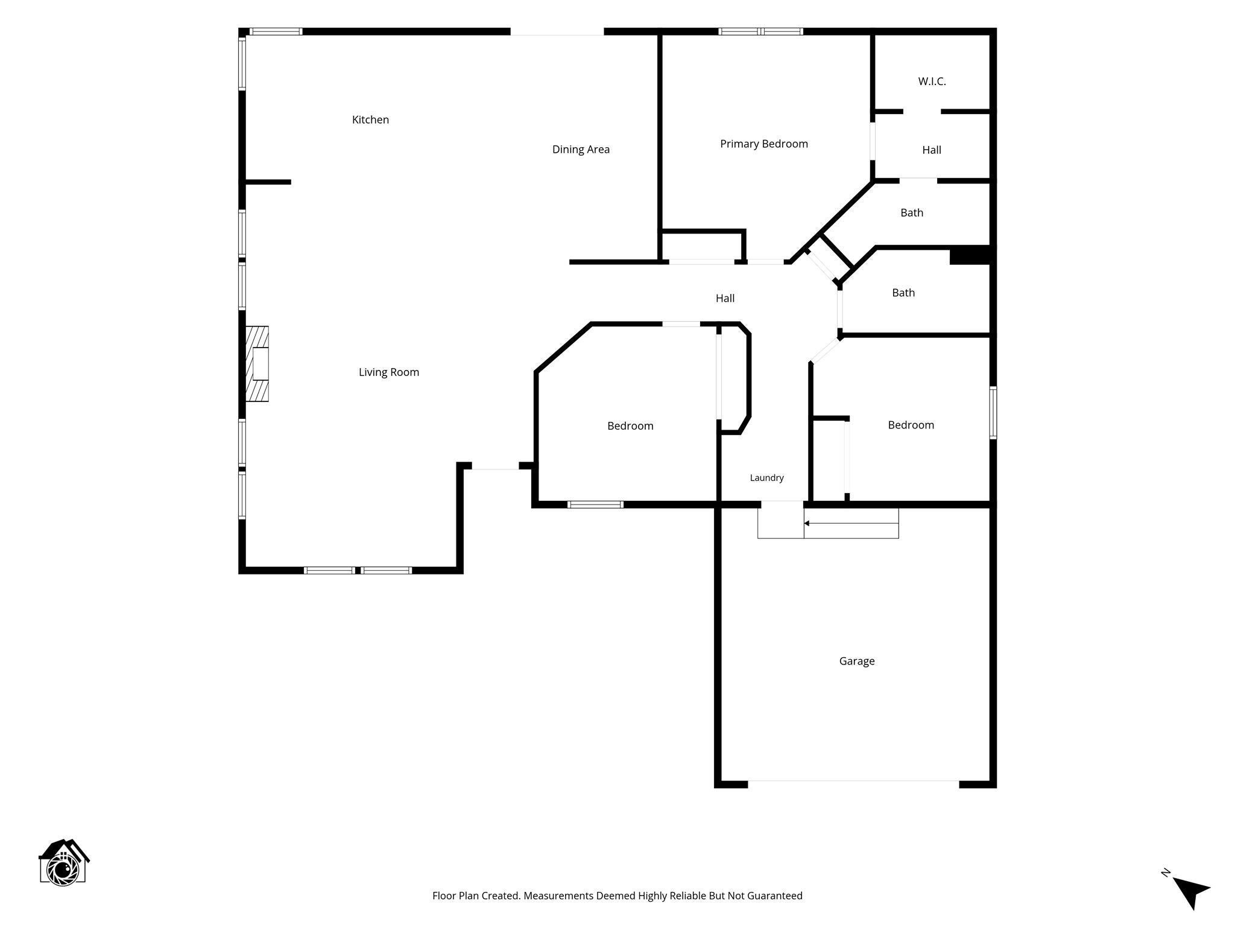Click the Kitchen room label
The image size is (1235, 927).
pos(370,119)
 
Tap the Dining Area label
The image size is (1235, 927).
pos(581,149)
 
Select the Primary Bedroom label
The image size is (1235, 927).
pos(763,144)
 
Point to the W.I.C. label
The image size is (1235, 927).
pos(932,81)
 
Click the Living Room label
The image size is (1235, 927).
pos(388,372)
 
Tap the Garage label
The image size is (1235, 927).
pos(856,661)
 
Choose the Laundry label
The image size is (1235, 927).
pos(766,478)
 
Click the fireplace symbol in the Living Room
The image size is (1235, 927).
pos(257,363)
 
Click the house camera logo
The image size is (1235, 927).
pos(64,862)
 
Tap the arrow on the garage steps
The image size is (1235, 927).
pos(851,523)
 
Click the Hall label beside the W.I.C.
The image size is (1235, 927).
pos(931,150)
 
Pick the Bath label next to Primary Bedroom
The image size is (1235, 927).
pos(911,212)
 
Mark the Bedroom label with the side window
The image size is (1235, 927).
pos(911,425)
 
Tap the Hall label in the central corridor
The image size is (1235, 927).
pos(725,298)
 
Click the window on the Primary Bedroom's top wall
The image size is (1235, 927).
pos(760,31)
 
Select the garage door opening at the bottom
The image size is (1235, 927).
pos(853,784)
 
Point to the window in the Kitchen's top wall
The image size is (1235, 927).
pos(276,31)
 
